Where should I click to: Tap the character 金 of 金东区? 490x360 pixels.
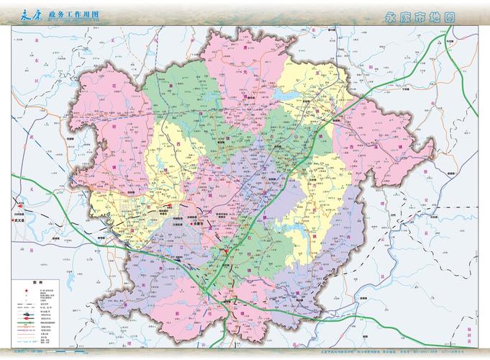[x=35, y=42]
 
